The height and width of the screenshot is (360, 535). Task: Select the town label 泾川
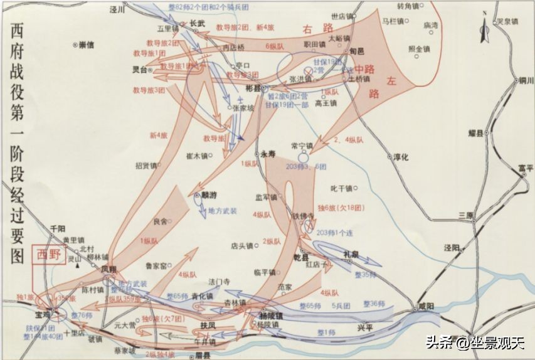[114, 10]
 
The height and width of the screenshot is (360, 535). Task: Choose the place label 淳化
[400, 157]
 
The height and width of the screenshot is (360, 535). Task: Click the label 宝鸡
[43, 309]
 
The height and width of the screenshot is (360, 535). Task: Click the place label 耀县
[478, 133]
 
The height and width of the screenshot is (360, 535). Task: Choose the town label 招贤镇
[146, 166]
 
